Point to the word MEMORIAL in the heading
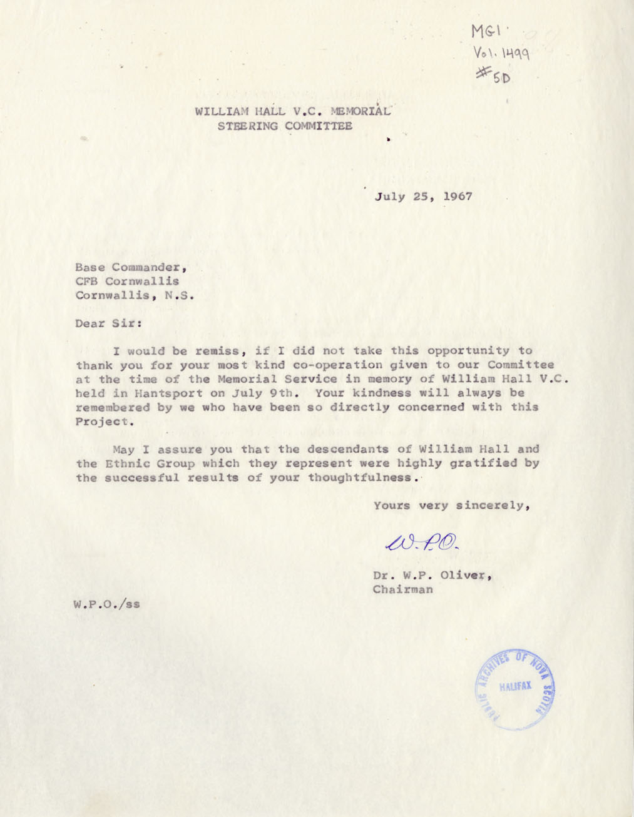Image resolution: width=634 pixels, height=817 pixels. tap(361, 112)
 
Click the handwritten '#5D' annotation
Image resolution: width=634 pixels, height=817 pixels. tap(494, 76)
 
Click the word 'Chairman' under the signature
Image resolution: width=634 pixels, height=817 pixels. tap(402, 590)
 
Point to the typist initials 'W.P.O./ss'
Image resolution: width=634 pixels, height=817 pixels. tap(106, 604)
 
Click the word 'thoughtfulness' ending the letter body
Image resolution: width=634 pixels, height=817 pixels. tap(359, 478)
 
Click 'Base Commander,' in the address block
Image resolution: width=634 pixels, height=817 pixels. tap(131, 267)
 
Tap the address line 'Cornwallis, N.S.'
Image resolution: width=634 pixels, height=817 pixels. tap(135, 295)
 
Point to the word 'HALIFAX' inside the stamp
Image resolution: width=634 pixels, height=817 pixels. tap(515, 686)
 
